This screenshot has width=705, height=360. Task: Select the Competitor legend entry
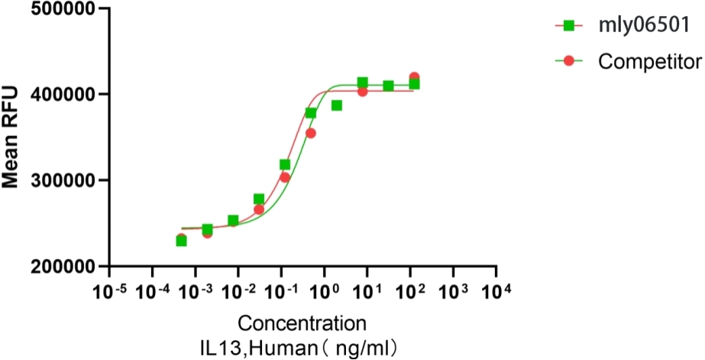[x=649, y=60]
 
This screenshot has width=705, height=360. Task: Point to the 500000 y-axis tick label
[x=60, y=10]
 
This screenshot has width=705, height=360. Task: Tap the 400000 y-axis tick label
[x=60, y=95]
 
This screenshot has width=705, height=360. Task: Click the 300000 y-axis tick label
[x=60, y=181]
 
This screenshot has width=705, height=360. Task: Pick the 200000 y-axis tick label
[x=60, y=268]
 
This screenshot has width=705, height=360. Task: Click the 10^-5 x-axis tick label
[x=109, y=291]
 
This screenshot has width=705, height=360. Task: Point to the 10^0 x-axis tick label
[x=324, y=291]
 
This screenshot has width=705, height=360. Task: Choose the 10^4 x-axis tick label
[x=496, y=291]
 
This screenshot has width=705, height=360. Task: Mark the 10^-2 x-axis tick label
[x=238, y=291]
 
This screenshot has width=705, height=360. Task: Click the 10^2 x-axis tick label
[x=410, y=291]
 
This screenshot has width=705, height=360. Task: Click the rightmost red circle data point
[x=414, y=78]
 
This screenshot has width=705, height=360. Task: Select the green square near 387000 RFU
[x=336, y=105]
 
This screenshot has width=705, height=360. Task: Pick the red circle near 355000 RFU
[x=310, y=133]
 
